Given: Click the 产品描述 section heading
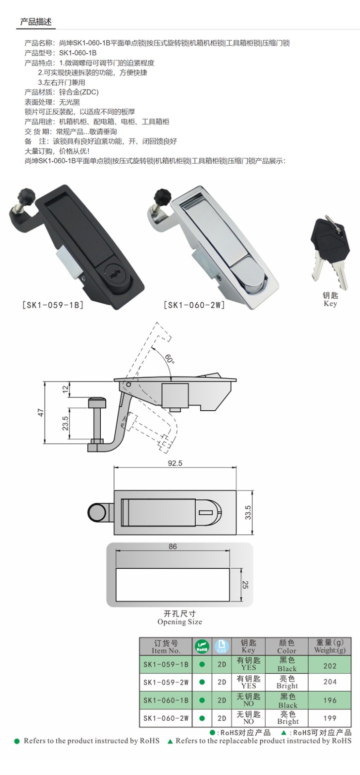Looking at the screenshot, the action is (x=36, y=22).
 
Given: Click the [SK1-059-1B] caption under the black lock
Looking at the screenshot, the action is (x=53, y=305).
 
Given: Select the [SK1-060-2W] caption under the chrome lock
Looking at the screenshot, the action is (x=194, y=305).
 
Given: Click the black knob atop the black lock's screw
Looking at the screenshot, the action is (x=27, y=196).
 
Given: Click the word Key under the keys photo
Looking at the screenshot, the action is (x=330, y=304).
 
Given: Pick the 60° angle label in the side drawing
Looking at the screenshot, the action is (x=169, y=359).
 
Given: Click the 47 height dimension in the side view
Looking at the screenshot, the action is (x=41, y=412).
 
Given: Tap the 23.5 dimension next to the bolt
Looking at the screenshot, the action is (x=65, y=423).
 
